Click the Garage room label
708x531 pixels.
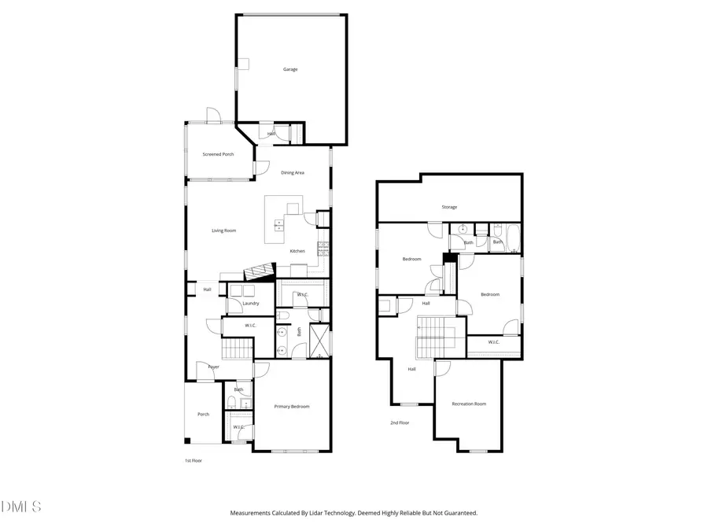[290, 69]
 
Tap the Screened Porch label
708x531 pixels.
[218, 154]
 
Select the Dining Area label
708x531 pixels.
[293, 172]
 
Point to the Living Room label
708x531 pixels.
[223, 230]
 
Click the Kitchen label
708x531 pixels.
[297, 251]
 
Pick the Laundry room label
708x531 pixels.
[251, 303]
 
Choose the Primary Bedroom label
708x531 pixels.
[291, 407]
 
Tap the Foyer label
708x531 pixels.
[213, 367]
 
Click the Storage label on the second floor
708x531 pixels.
[448, 207]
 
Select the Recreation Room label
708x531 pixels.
[469, 404]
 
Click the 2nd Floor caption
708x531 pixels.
[400, 422]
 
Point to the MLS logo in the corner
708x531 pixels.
[19, 507]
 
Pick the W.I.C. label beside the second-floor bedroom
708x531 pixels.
[493, 342]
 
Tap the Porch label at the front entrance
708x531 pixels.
[203, 414]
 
